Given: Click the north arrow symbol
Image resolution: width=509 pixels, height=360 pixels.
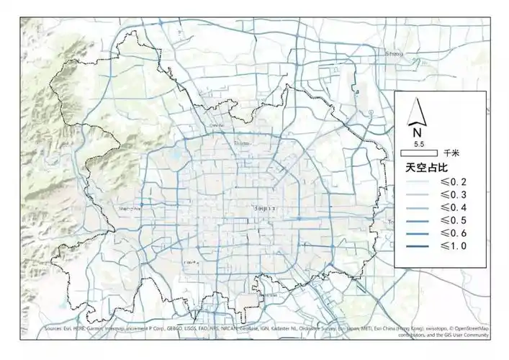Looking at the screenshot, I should coord(416,114).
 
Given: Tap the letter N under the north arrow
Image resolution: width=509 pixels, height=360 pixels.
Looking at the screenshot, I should coord(416,132).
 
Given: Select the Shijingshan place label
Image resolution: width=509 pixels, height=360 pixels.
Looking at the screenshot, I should coord(130,210).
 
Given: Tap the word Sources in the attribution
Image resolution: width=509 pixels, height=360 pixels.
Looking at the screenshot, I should coord(53,329).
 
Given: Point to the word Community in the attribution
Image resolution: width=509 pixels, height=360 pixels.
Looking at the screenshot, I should coord(474,336).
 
